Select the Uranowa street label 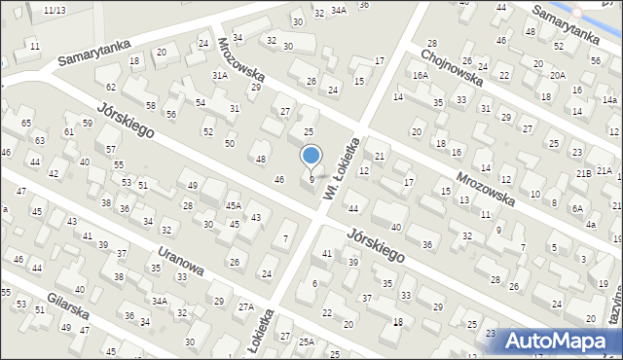[x=176, y=260]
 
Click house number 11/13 [x=55, y=10]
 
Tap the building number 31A [x=220, y=75]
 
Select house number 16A [x=420, y=75]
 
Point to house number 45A [x=234, y=206]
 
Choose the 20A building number [x=557, y=75]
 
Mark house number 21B [x=582, y=172]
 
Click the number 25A [x=307, y=342]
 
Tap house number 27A [x=247, y=308]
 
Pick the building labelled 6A [x=577, y=208]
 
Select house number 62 [x=111, y=87]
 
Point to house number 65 [x=26, y=124]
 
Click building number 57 [x=112, y=149]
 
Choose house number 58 [x=151, y=105]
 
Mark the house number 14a [x=609, y=100]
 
